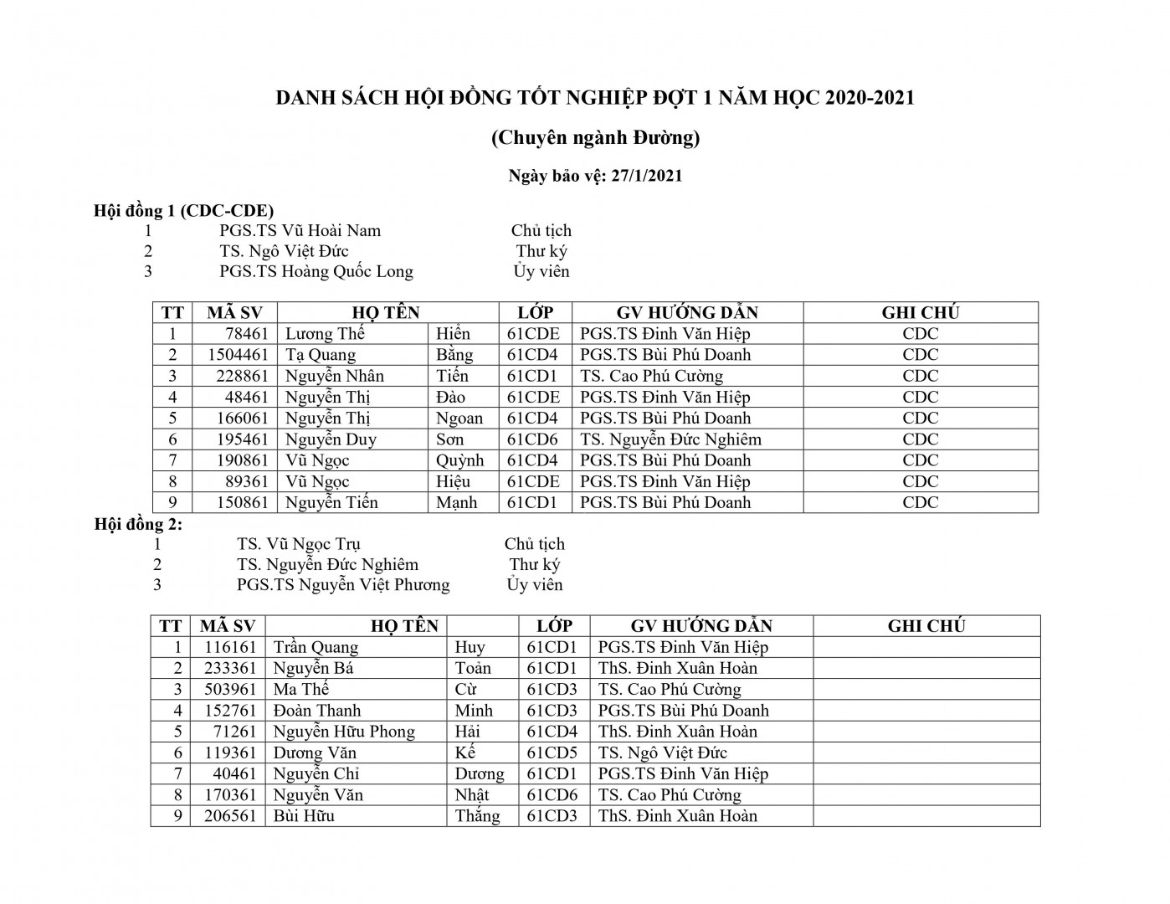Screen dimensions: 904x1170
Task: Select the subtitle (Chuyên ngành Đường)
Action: click(x=595, y=137)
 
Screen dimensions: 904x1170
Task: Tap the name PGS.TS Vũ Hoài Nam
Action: click(x=300, y=230)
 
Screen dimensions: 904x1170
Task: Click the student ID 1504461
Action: click(x=238, y=355)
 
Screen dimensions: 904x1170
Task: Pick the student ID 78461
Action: click(x=247, y=334)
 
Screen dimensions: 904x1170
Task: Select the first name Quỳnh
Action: click(x=459, y=460)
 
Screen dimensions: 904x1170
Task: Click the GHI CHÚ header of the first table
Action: click(x=920, y=313)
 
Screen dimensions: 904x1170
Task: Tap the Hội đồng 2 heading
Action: click(x=138, y=525)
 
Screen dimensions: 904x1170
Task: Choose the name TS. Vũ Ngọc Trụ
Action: click(x=299, y=544)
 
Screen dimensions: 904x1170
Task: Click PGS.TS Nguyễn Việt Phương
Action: click(x=343, y=585)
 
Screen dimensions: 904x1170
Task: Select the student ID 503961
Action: click(x=230, y=690)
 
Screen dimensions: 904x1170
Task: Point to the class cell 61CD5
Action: click(x=552, y=752)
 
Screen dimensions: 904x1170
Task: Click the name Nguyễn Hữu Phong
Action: click(x=344, y=732)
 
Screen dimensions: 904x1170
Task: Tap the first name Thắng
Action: click(x=477, y=816)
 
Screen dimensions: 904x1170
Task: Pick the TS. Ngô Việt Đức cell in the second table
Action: click(x=663, y=752)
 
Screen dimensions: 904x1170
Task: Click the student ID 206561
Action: click(x=230, y=816)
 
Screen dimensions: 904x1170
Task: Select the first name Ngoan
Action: click(x=459, y=419)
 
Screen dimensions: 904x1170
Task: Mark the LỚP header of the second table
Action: click(x=554, y=626)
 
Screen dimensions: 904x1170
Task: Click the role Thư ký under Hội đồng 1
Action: click(x=541, y=251)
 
